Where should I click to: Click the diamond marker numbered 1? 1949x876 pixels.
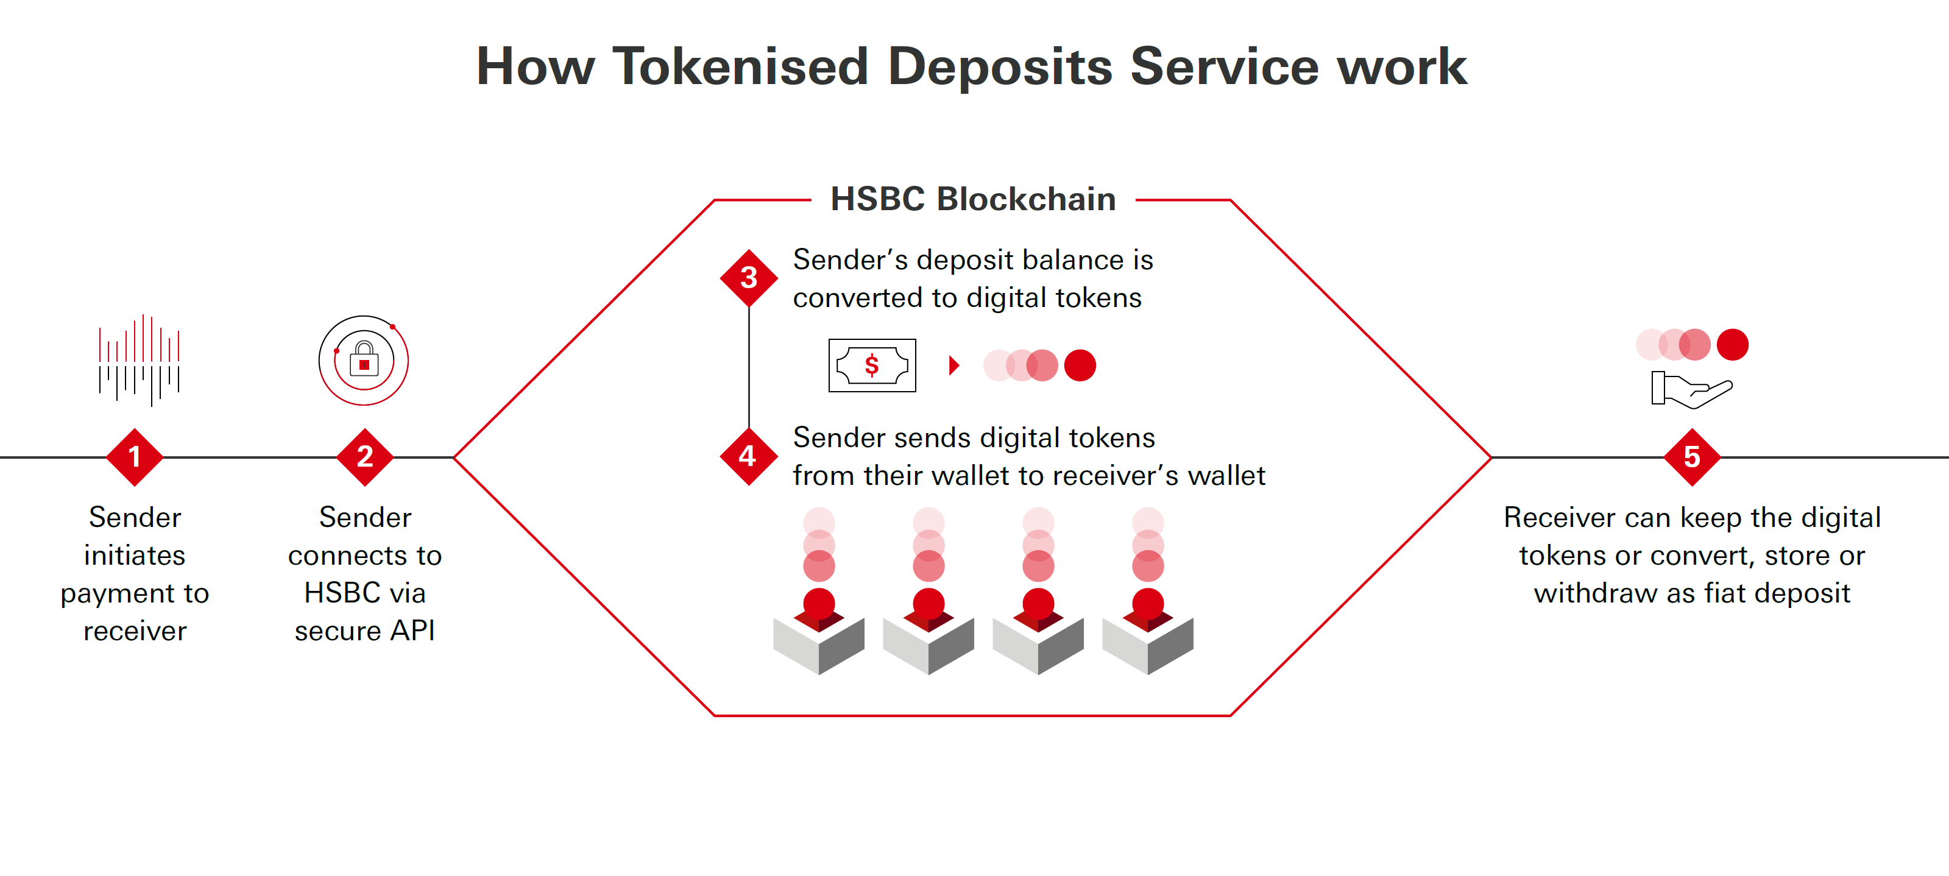click(135, 457)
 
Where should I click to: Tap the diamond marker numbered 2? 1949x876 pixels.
click(365, 457)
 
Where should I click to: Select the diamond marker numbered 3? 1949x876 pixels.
click(749, 278)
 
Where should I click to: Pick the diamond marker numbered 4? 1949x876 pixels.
click(748, 456)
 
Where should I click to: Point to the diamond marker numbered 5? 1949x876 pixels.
click(1692, 457)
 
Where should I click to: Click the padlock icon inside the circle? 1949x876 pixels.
click(364, 359)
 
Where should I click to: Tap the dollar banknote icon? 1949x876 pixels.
click(872, 366)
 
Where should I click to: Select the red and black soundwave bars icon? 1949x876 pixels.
click(138, 360)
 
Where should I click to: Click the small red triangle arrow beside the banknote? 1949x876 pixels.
click(954, 366)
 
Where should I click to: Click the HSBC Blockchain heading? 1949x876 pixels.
click(973, 199)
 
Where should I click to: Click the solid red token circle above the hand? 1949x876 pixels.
click(1733, 345)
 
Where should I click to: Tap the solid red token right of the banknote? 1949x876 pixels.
click(1080, 366)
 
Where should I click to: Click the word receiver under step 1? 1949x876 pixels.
click(135, 631)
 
